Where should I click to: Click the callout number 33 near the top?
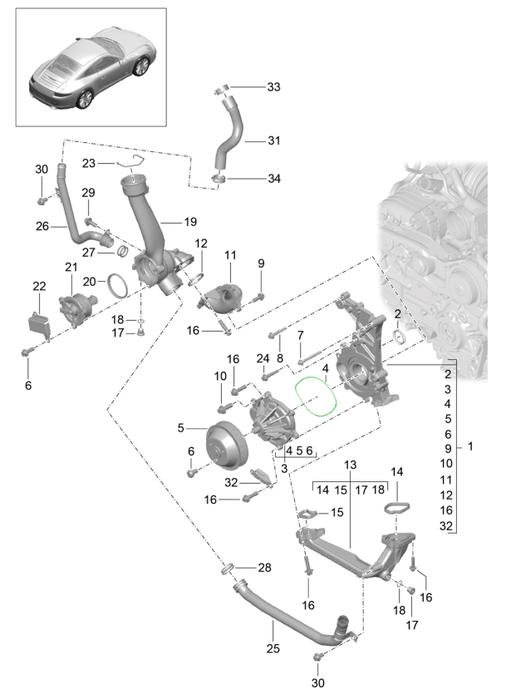point(274,86)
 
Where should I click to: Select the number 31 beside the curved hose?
point(274,140)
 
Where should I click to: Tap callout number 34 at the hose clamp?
point(274,178)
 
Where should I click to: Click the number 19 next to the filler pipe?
point(190,223)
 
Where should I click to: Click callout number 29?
point(88,193)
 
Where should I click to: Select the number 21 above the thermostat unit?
point(70,266)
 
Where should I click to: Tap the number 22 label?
point(38,287)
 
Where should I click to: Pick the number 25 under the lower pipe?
point(272,648)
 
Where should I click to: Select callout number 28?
point(264,568)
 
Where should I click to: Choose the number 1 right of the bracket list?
point(469,446)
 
